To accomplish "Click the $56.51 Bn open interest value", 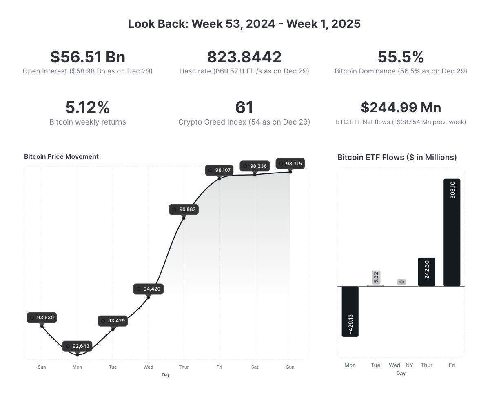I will coord(87,57).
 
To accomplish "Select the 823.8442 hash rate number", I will coord(244,57).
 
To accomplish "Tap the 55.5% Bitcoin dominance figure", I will coord(401,57).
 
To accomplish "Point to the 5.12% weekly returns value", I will coord(87,107).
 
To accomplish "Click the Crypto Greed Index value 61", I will coord(244,107).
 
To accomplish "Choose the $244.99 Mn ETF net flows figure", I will coord(401,107).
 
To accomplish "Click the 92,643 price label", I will coord(78,346).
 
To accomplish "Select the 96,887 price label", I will coord(184,209).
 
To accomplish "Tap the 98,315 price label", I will coord(290,164).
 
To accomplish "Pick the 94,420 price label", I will coord(149,289).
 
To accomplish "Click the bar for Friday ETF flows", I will coord(452,232).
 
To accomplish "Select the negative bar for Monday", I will coord(350,311).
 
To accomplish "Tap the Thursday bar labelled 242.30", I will coord(426,272).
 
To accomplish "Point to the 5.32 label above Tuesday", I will coord(376,278).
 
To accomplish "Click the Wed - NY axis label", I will coord(401,365).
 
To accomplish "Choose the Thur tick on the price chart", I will coord(184,367).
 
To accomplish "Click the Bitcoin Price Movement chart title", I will coord(61,157).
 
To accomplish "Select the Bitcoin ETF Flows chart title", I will coord(397,158).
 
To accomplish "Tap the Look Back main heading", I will coord(244,24).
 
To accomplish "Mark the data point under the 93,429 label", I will coord(113,329).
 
